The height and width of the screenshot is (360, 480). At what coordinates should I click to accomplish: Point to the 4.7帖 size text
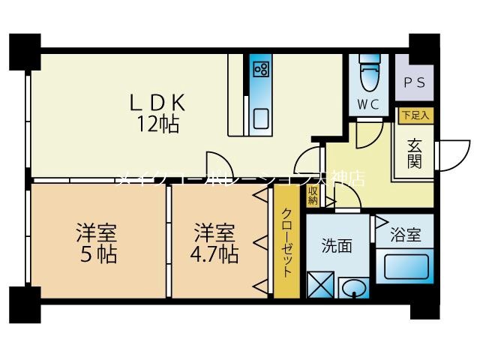[215, 253]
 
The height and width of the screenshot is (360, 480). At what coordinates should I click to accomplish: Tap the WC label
[367, 103]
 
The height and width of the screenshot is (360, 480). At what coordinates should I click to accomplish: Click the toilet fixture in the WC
[369, 72]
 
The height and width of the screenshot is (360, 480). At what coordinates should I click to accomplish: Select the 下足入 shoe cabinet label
[414, 115]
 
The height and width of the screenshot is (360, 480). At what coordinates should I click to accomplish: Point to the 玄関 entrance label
[414, 152]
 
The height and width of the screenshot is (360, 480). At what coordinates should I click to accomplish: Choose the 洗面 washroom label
[337, 245]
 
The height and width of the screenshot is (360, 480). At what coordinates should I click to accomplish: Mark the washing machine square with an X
[320, 286]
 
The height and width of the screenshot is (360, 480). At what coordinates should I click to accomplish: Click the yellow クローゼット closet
[287, 241]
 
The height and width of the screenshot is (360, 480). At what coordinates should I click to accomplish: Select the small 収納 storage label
[313, 196]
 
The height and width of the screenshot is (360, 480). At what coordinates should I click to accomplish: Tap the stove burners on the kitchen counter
[261, 70]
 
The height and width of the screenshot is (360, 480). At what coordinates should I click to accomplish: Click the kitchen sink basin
[261, 118]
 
